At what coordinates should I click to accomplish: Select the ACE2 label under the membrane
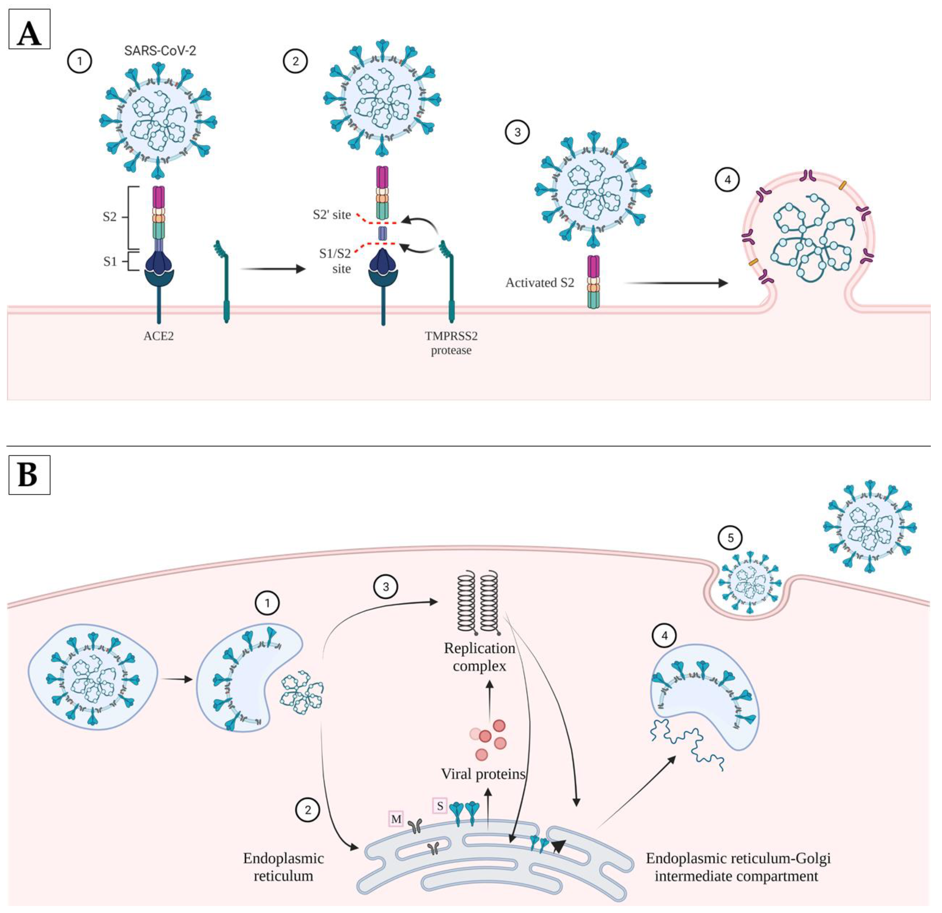coord(159,336)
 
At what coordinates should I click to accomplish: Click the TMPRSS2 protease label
coord(451,343)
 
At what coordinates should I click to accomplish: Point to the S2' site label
coord(332,215)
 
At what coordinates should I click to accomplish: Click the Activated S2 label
coord(539,283)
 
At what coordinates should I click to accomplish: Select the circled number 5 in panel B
coord(730,538)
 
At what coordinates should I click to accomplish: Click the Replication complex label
coord(479,657)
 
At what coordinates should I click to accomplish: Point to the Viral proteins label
coord(483,774)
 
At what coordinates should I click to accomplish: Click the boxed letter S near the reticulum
coord(440,806)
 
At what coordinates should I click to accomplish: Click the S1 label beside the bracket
coord(110,261)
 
